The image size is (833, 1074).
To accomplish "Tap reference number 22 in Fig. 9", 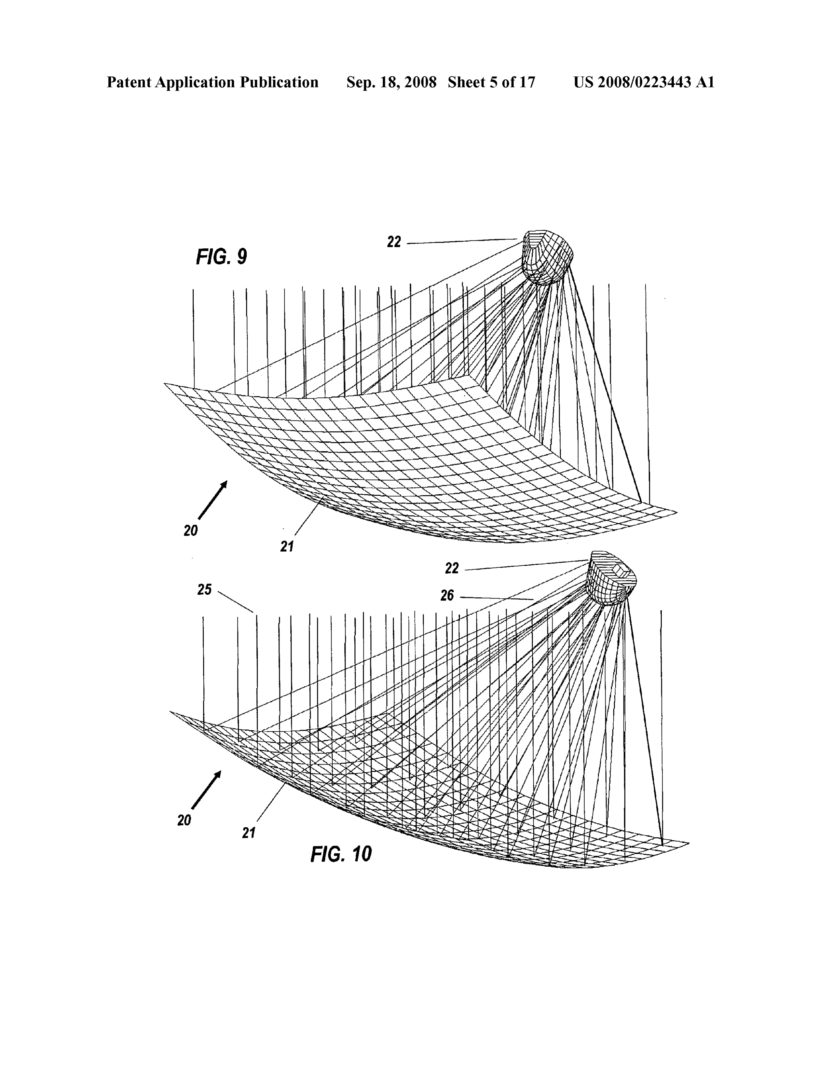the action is point(394,242).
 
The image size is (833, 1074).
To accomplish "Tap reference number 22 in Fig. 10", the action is point(451,569).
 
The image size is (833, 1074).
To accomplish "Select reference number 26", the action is point(447,596).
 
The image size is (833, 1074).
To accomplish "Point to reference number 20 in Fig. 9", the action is point(191,530).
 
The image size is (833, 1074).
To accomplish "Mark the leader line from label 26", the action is point(497,598).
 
